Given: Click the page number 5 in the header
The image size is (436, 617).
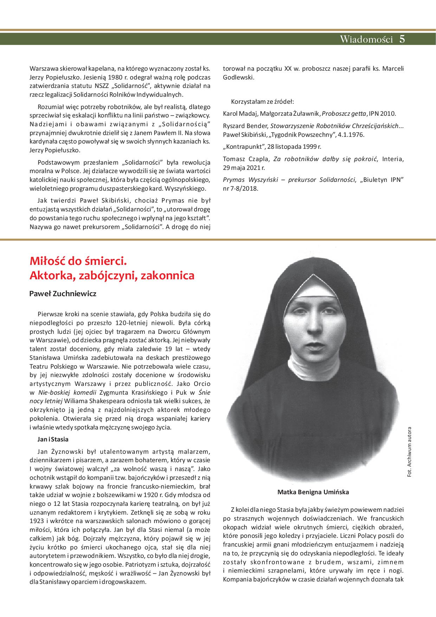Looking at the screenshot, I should point(402,39).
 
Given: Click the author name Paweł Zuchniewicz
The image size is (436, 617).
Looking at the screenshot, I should point(63,294).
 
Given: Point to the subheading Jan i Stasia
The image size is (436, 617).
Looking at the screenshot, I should point(53,439).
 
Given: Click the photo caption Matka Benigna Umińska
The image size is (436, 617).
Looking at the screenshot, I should point(313,492).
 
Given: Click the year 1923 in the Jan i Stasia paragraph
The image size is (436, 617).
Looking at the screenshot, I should point(36,521).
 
